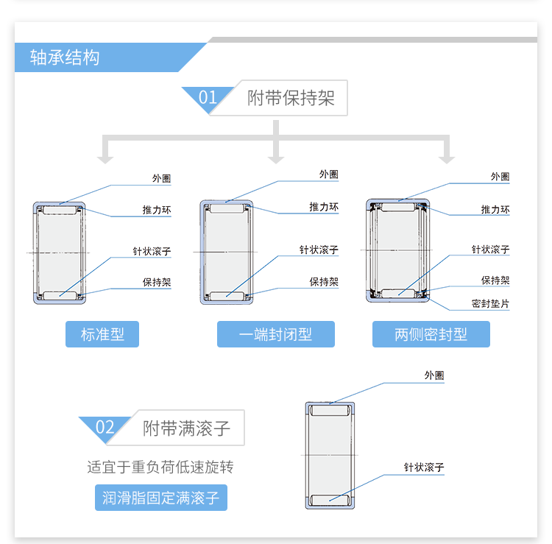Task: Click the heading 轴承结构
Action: [x=65, y=57]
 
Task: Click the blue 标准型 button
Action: [x=102, y=334]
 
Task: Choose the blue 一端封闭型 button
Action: [x=275, y=334]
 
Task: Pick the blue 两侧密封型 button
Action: [x=431, y=334]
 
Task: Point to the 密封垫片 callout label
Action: [x=490, y=303]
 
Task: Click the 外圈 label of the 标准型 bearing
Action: [x=161, y=178]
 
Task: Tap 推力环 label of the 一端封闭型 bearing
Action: [x=323, y=208]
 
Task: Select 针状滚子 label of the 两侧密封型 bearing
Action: [x=490, y=250]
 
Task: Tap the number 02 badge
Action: [x=105, y=428]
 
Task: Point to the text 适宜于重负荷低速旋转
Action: [x=160, y=467]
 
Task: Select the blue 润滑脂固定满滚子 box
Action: [x=160, y=498]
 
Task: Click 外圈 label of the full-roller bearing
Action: [x=434, y=375]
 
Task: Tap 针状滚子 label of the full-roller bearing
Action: [x=423, y=467]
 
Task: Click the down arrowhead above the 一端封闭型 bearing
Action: [x=276, y=158]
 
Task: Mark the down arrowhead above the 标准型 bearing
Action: [x=106, y=158]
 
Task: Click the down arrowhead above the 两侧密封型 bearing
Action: [x=446, y=158]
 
